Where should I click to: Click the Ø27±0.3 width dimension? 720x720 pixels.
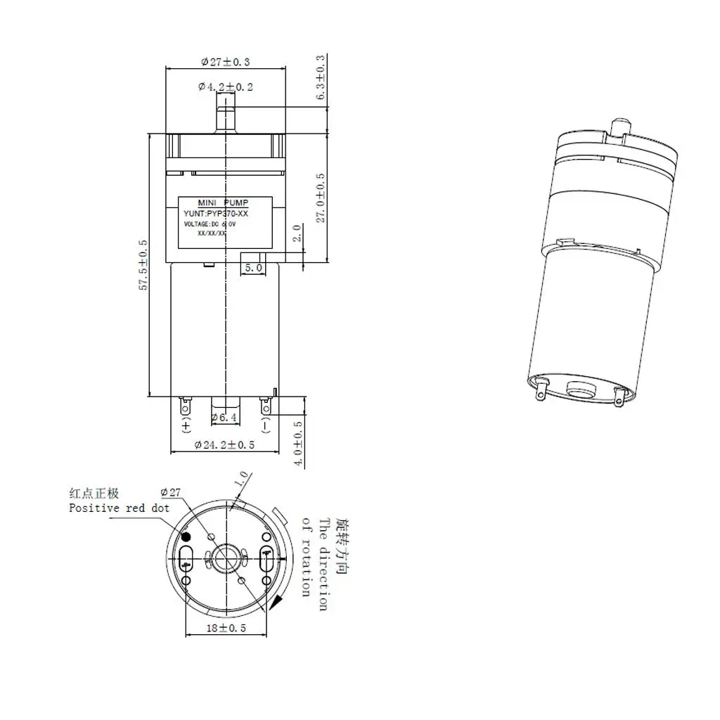225,62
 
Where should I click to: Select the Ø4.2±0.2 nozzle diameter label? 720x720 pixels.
225,86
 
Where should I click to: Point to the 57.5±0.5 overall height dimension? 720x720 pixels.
143,265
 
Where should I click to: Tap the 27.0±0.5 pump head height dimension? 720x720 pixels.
321,198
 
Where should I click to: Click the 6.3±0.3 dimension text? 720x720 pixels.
321,77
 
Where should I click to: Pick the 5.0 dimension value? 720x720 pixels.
253,268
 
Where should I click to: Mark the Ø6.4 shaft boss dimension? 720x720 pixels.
225,418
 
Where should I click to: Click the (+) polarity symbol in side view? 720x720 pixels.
186,427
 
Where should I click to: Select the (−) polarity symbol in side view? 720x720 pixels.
266,427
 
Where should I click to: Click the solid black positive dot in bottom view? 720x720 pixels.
187,536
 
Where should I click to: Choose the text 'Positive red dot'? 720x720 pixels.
119,508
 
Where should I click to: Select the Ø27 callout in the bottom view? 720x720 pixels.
172,492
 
